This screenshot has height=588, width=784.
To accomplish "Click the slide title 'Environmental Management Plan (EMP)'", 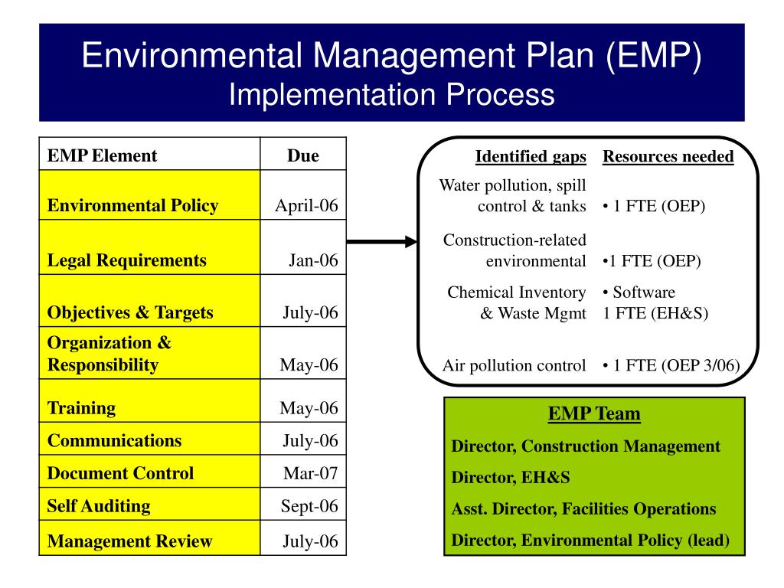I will coord(391,57).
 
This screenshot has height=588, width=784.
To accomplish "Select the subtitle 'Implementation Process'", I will coord(391,95).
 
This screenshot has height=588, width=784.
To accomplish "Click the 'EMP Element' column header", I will coord(102,156).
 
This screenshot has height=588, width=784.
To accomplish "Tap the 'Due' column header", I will coord(302,156).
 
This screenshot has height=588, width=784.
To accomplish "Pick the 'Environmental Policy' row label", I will coord(132,205).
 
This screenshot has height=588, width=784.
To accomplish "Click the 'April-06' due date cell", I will coord(306,205).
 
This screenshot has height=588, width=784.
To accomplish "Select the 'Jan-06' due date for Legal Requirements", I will coord(313,260).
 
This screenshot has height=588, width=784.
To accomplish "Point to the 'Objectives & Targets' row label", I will coord(130,312).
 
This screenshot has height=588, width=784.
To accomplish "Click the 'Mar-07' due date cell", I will coord(310,473).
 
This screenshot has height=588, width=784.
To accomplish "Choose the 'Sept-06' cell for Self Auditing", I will coord(309,506).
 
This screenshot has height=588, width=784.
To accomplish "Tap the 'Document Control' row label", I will coord(120,473).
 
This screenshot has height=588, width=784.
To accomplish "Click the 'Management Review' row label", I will coord(129,541).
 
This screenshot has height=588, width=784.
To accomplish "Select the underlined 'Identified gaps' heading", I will coord(531,157).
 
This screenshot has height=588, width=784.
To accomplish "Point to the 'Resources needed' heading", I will coord(668,157).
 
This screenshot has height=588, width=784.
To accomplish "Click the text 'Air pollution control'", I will coord(514,365).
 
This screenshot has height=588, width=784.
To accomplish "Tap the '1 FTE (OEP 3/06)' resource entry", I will coord(671,365).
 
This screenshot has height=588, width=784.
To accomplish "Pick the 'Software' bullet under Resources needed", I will coord(639,292).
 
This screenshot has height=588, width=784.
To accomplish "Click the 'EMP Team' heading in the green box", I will coord(594,414).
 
